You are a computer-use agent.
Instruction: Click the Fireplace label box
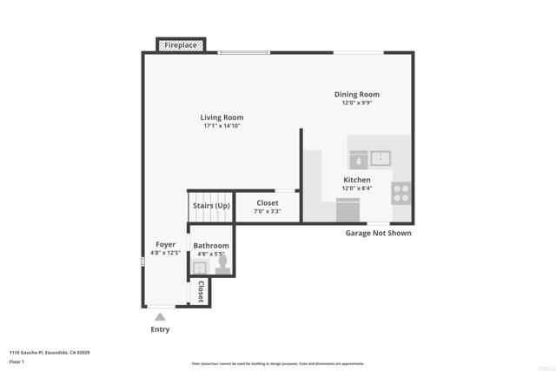point(180,44)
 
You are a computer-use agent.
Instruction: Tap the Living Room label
point(222,117)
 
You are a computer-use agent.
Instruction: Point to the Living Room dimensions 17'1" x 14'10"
point(222,126)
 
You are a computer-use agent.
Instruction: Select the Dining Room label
point(357,95)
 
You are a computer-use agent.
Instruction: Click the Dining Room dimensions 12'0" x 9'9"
point(357,103)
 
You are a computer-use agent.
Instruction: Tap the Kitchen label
point(357,180)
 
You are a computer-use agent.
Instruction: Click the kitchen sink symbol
point(381,158)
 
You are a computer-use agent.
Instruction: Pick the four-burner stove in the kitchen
point(401,192)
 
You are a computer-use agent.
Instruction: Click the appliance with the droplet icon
point(358,159)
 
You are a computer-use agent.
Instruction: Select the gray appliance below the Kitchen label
point(347,209)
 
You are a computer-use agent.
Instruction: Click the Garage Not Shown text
point(378,233)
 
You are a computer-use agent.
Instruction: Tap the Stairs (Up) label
point(211,206)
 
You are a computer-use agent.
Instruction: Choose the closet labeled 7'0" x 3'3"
point(267,206)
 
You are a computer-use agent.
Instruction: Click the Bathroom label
point(211,246)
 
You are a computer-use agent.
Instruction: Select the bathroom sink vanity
point(199,267)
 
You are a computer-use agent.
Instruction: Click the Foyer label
point(165,245)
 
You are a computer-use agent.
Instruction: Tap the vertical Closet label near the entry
point(201,291)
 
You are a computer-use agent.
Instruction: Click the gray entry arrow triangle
point(160,316)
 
